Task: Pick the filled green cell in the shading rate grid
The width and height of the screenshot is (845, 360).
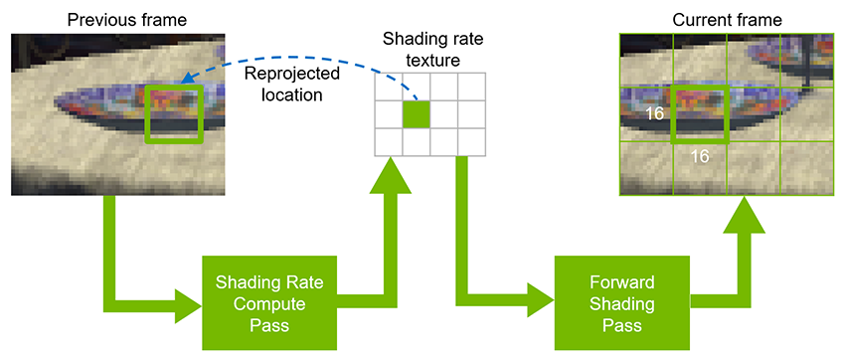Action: coord(417,114)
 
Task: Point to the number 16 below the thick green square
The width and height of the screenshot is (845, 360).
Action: coord(700,157)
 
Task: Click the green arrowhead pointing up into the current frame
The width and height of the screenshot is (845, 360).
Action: coord(744,214)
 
